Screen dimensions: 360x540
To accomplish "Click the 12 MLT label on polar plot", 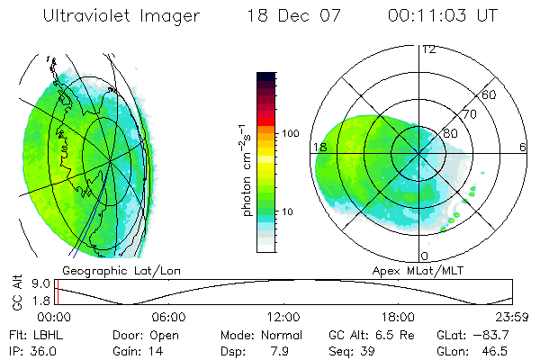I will point(428,49).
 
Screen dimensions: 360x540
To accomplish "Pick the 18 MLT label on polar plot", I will point(318,147).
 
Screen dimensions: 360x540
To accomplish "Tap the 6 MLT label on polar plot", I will point(523,147).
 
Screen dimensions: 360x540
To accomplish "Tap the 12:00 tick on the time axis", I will point(283,317).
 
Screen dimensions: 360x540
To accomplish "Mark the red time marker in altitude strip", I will point(57,292).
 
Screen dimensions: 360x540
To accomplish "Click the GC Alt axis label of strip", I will point(16,292).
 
